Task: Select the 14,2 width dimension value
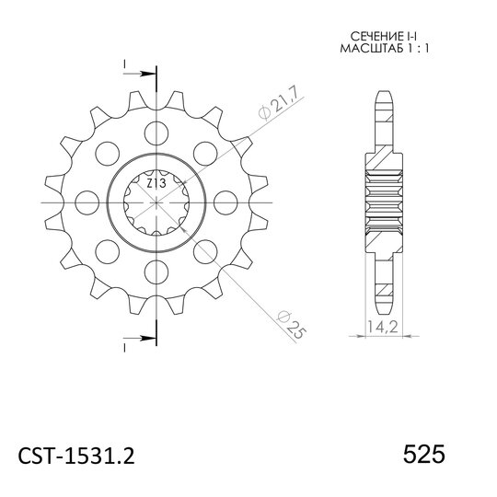click(383, 327)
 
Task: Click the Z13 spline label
click(156, 183)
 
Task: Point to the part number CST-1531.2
click(76, 456)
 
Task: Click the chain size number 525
click(423, 455)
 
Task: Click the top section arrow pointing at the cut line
click(140, 74)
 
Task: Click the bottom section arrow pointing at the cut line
click(140, 338)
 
